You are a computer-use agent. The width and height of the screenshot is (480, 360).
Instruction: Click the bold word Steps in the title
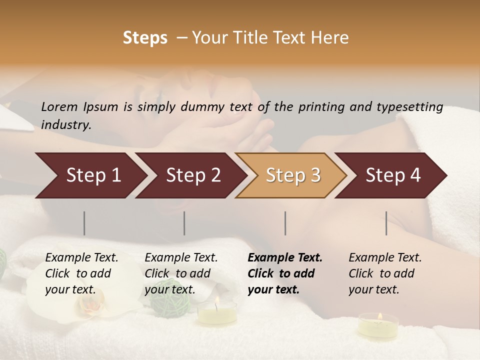coord(145,38)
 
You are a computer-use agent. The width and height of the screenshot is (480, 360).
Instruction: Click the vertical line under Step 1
coord(84,223)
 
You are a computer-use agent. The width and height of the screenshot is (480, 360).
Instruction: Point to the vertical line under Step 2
coord(184,223)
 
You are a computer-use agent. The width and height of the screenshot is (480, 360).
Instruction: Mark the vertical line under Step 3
coord(285,223)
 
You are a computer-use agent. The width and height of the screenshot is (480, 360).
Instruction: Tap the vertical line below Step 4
coord(386,223)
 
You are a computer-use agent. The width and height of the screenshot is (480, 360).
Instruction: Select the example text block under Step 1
coord(81,273)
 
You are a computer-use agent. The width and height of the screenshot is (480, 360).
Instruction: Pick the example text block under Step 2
coord(181,273)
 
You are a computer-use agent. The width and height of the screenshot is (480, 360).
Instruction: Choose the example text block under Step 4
coord(385,273)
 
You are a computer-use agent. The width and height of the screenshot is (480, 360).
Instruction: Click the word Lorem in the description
coord(59,106)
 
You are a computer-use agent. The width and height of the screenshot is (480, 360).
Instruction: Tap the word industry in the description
coord(65,125)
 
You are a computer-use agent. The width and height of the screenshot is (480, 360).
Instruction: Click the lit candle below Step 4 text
coord(378,324)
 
